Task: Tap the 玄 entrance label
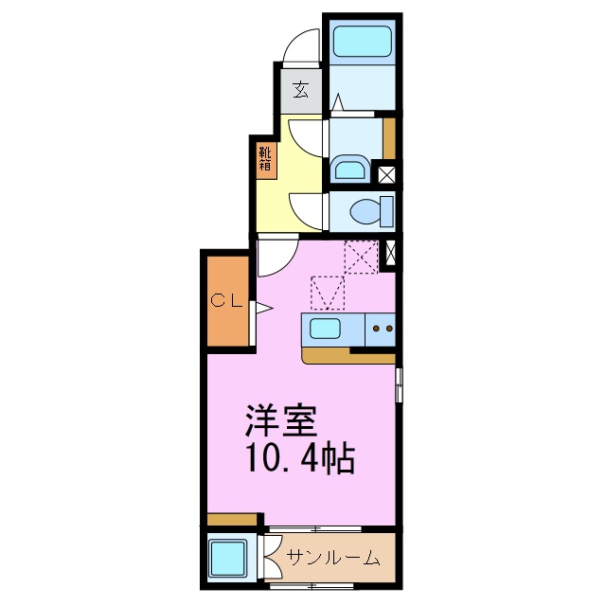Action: pyautogui.click(x=300, y=90)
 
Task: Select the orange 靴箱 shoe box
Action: pyautogui.click(x=265, y=158)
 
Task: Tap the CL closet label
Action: pyautogui.click(x=227, y=302)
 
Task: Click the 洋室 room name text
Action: pyautogui.click(x=281, y=418)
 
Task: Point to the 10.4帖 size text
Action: pyautogui.click(x=299, y=458)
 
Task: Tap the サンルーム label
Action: pyautogui.click(x=332, y=558)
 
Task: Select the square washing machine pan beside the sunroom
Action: pyautogui.click(x=228, y=558)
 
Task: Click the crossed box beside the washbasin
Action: pyautogui.click(x=386, y=174)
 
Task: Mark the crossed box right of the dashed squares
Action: pyautogui.click(x=388, y=254)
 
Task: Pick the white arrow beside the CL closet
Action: pyautogui.click(x=261, y=308)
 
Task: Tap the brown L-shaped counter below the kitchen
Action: pyautogui.click(x=341, y=356)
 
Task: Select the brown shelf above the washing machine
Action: pyautogui.click(x=232, y=520)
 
